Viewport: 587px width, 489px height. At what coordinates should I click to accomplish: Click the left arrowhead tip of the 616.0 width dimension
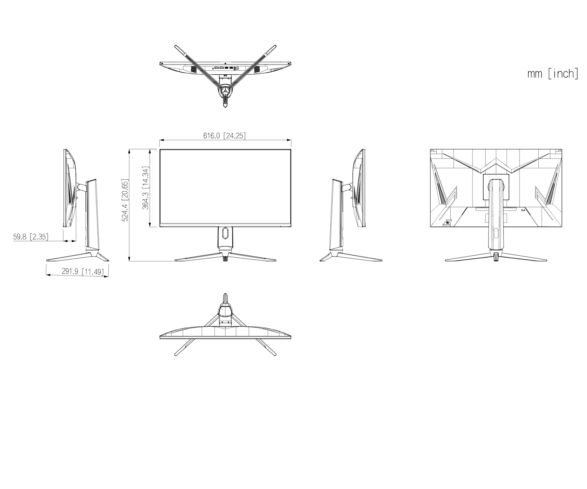pyautogui.click(x=160, y=141)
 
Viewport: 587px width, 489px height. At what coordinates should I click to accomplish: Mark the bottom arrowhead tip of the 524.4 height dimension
pyautogui.click(x=129, y=261)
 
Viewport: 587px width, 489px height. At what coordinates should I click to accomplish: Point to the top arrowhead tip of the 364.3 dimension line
pyautogui.click(x=150, y=149)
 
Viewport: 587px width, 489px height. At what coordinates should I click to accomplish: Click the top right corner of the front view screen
pyautogui.click(x=291, y=149)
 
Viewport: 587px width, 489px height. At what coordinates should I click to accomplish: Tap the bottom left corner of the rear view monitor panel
pyautogui.click(x=430, y=227)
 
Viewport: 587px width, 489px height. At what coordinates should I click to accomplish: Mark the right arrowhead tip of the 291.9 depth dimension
pyautogui.click(x=109, y=276)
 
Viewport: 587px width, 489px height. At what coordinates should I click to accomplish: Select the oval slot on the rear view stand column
pyautogui.click(x=496, y=233)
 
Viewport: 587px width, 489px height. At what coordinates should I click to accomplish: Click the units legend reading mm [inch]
pyautogui.click(x=553, y=74)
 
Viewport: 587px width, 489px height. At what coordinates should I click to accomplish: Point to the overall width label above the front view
pyautogui.click(x=224, y=136)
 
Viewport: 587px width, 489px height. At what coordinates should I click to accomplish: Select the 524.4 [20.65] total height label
pyautogui.click(x=125, y=200)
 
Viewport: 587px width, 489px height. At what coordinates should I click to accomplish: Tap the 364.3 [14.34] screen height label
pyautogui.click(x=145, y=188)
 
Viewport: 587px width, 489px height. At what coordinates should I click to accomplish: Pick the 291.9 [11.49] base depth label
pyautogui.click(x=82, y=271)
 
